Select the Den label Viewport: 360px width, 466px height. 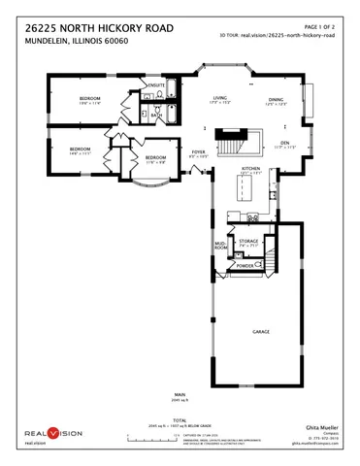tap(285, 144)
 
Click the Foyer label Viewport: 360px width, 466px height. tap(198, 152)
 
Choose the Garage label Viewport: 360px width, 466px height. tap(260, 331)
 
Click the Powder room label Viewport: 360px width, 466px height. tap(245, 266)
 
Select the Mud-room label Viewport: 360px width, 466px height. tap(220, 247)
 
